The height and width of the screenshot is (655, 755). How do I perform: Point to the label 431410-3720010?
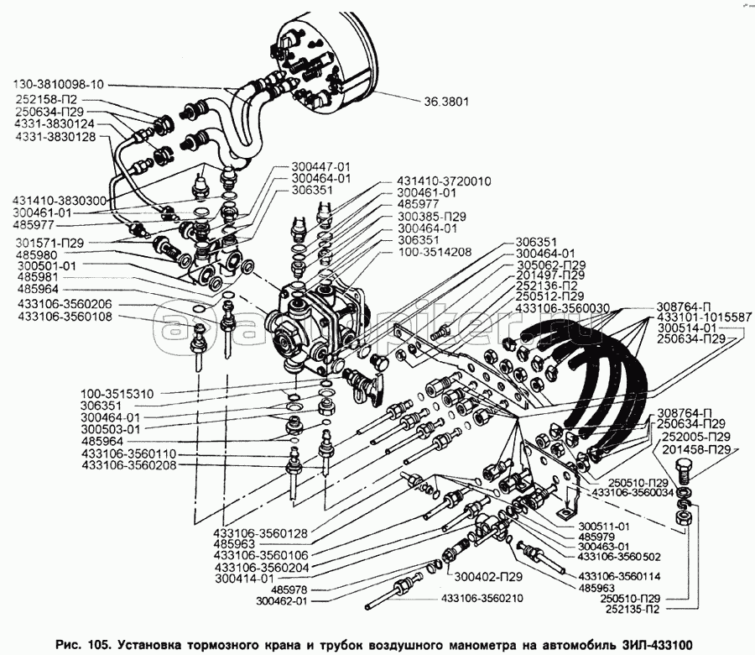[444, 181]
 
